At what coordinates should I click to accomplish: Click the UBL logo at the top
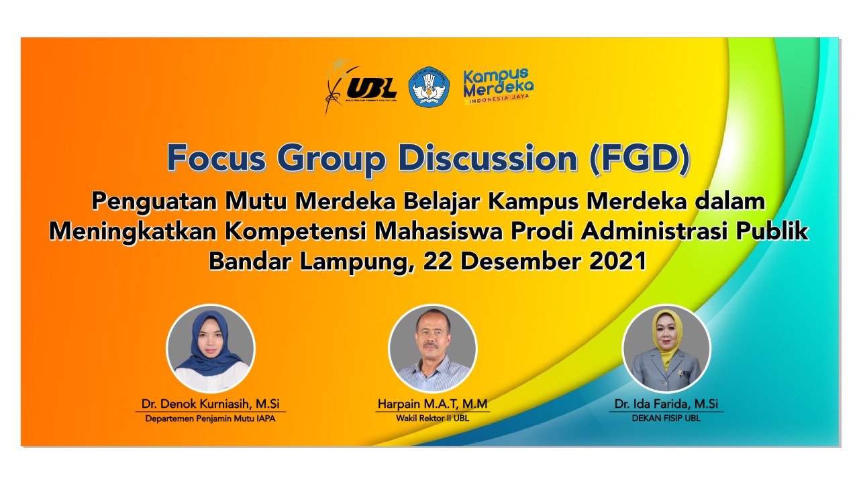point(360,87)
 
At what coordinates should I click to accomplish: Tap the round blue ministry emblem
point(429,87)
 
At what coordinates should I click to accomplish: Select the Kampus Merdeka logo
point(498,87)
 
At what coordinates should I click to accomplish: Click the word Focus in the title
point(216,158)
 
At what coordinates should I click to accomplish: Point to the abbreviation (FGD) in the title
point(640,159)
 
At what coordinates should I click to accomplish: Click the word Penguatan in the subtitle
point(154,202)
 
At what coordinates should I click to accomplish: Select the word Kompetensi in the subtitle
point(296,232)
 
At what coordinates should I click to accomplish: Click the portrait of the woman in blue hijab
point(211,348)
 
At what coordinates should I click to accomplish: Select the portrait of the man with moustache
point(433,348)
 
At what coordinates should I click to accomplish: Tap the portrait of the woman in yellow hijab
point(666,348)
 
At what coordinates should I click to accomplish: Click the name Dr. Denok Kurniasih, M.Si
point(211,404)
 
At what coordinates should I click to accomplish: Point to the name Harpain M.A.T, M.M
point(433,404)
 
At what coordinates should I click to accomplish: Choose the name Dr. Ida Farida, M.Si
point(666,404)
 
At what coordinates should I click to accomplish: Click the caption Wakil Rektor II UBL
point(433,418)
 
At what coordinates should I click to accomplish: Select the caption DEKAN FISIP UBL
point(666,418)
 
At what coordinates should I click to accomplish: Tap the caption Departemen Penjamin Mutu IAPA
point(210,419)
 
